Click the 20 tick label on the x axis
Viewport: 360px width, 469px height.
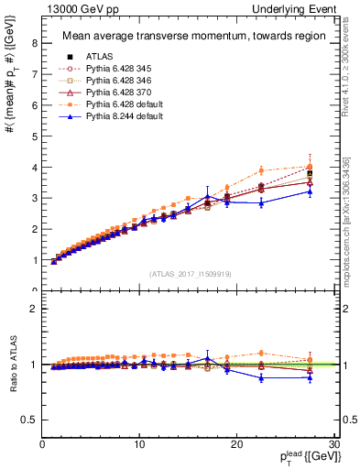click(x=236, y=444)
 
